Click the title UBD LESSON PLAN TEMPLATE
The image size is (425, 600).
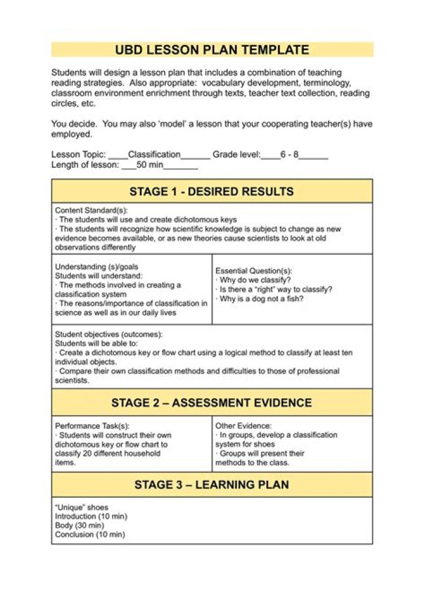click(x=212, y=50)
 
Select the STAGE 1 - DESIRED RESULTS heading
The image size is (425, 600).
click(x=211, y=191)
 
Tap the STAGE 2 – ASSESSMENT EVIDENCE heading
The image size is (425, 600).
click(x=211, y=403)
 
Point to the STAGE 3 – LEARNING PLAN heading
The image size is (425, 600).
click(x=211, y=485)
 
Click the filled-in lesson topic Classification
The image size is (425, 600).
click(x=154, y=155)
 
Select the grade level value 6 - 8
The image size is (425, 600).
click(x=289, y=155)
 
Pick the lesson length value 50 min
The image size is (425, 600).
click(x=149, y=165)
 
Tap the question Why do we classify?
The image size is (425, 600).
click(x=255, y=280)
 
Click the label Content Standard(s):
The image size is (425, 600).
click(x=91, y=210)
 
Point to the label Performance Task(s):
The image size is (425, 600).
click(x=91, y=425)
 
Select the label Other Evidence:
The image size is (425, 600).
click(x=243, y=425)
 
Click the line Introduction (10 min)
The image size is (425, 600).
click(x=91, y=516)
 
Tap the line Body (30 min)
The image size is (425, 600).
click(x=79, y=525)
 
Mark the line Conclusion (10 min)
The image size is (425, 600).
click(x=90, y=534)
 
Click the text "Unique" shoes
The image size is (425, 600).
click(x=81, y=507)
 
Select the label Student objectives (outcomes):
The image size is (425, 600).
click(x=109, y=334)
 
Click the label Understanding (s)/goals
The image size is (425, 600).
click(x=96, y=266)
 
